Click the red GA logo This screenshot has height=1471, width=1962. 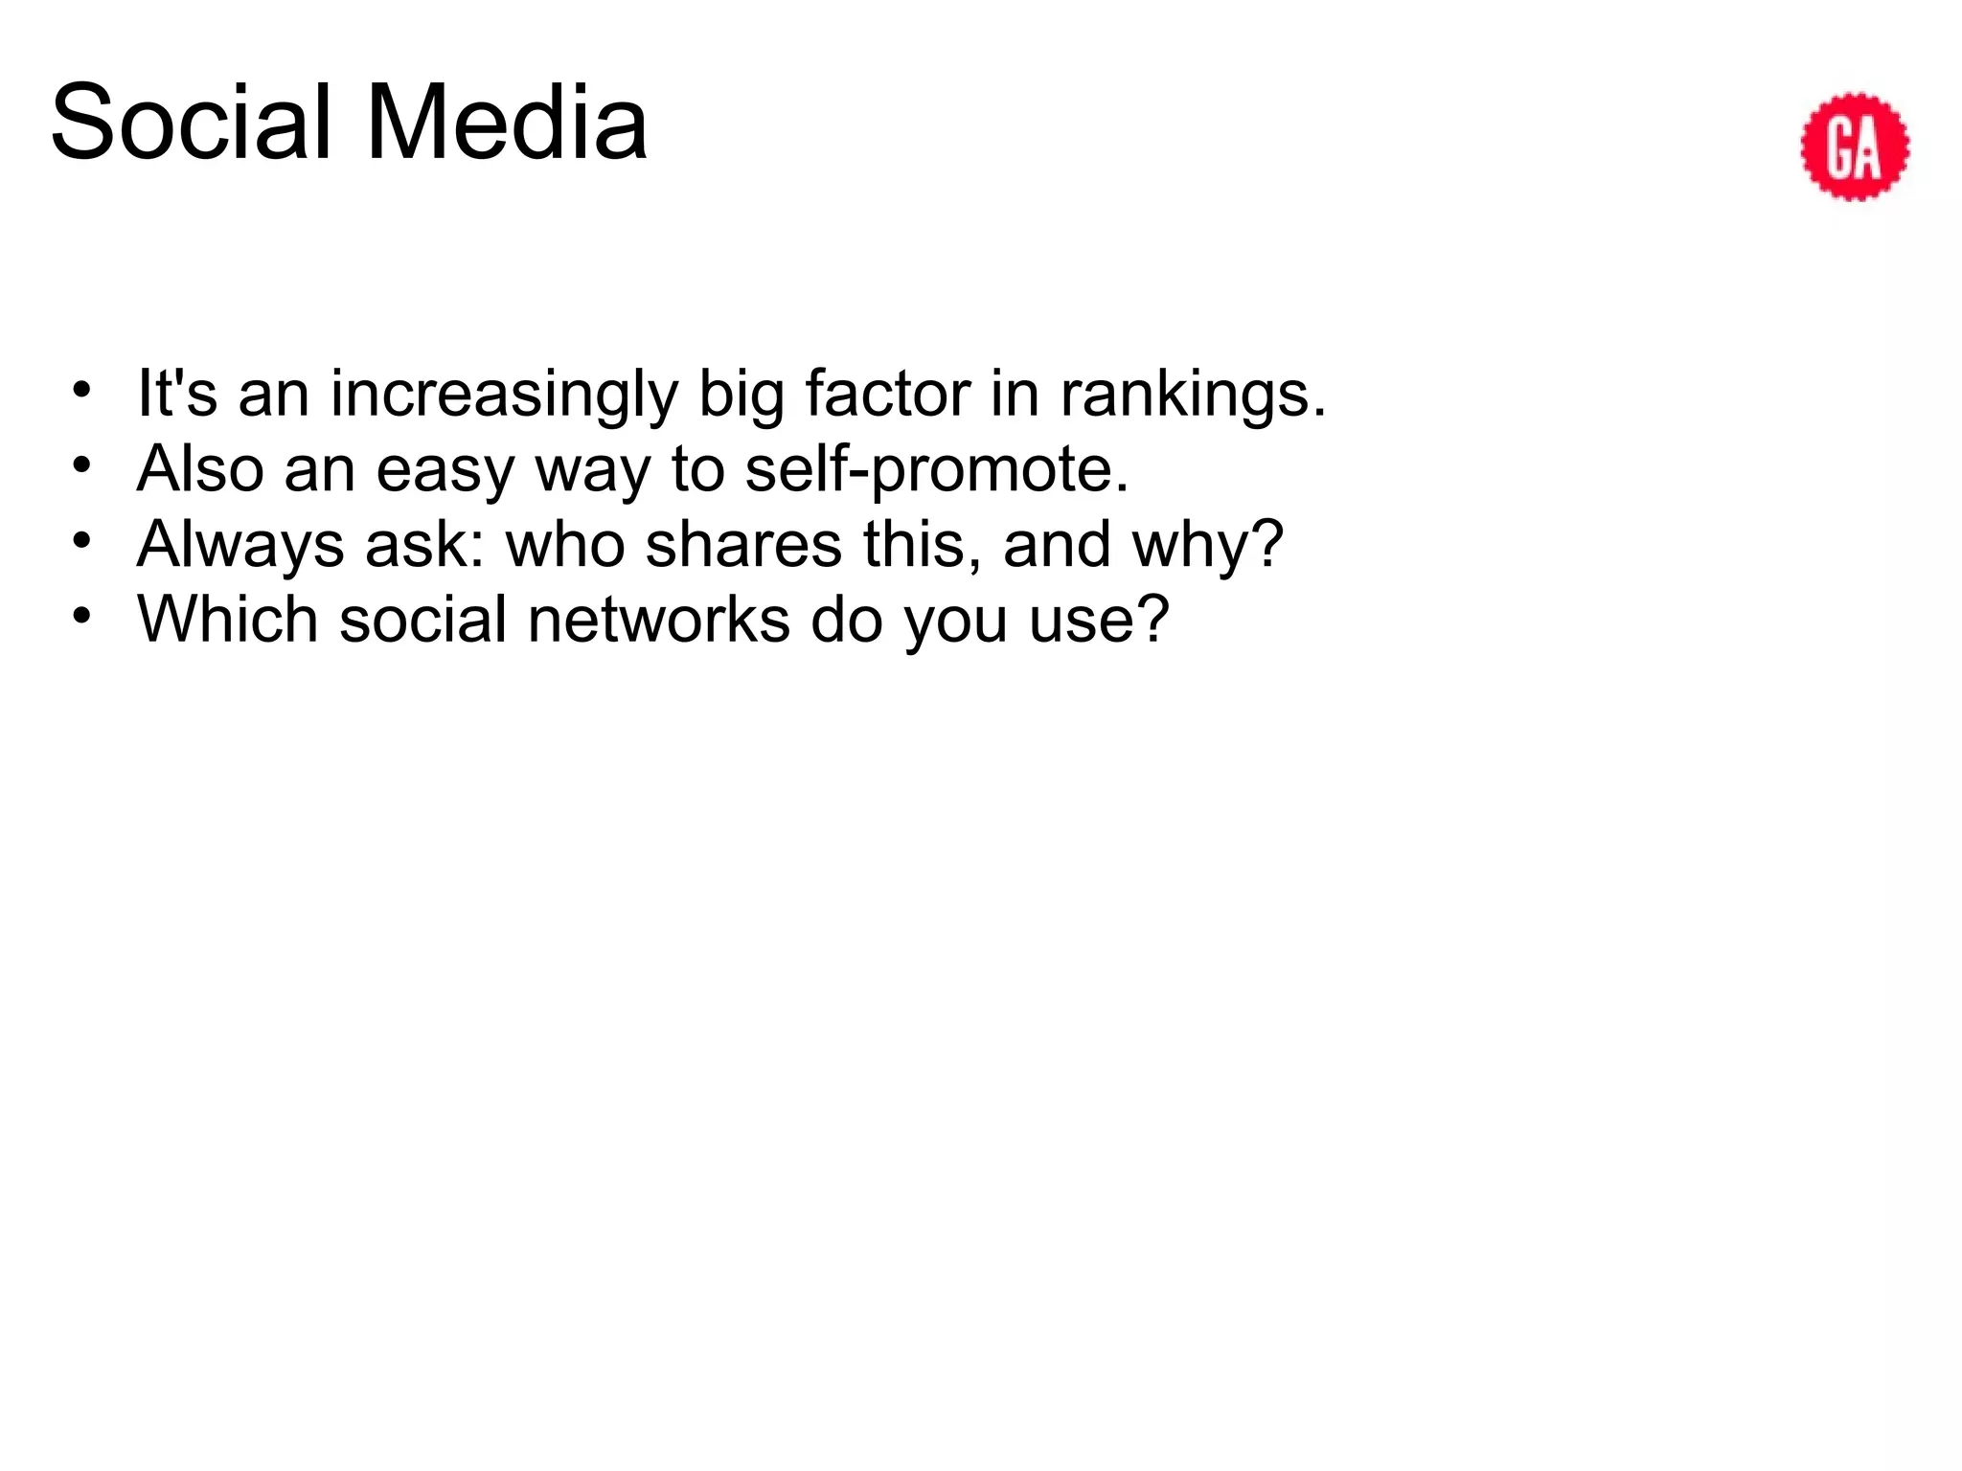coord(1855,147)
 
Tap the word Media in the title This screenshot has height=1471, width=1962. coord(507,123)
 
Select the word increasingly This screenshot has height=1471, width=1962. coord(504,395)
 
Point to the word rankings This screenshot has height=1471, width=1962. coord(1193,395)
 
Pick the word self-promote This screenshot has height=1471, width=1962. coord(937,470)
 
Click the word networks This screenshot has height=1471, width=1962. coord(659,620)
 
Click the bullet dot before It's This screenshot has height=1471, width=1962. coord(82,390)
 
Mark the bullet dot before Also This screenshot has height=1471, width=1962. coord(82,465)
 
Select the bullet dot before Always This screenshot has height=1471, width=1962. coord(82,540)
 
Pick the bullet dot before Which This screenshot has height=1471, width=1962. coord(82,616)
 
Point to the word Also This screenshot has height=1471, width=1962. coord(200,469)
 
